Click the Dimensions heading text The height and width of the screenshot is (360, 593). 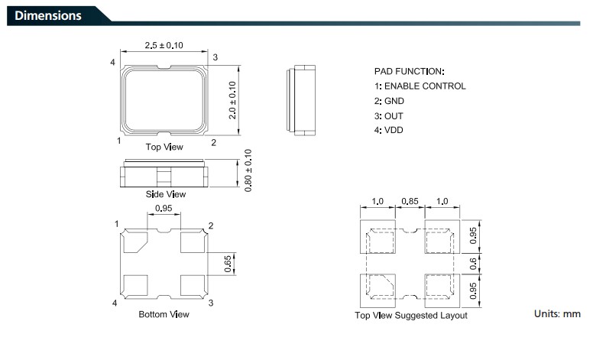pos(47,15)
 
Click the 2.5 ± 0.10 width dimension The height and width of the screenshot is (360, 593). pos(164,45)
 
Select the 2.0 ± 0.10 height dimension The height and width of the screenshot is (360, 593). pos(232,100)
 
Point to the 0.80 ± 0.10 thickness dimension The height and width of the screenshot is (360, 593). pos(248,170)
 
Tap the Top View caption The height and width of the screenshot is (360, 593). pos(164,147)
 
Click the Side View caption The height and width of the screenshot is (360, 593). pos(166,194)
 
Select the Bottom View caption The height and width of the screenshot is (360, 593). pos(164,314)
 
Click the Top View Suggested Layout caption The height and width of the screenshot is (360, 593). pos(410,316)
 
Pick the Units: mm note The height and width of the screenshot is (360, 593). pos(557,314)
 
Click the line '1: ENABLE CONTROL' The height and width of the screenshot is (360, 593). pos(420,86)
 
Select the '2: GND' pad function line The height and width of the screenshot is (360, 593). pos(389,101)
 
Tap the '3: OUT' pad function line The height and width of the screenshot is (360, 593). pos(389,116)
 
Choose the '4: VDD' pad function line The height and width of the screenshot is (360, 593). pos(389,130)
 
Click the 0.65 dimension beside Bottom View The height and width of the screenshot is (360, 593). pos(228,264)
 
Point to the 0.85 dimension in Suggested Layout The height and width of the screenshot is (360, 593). pos(410,201)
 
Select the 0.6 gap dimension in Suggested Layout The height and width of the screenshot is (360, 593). pos(473,264)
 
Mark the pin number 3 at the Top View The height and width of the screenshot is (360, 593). pos(215,57)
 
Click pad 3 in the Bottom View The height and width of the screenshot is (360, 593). pos(193,286)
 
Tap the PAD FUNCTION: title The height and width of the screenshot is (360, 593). pos(409,72)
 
